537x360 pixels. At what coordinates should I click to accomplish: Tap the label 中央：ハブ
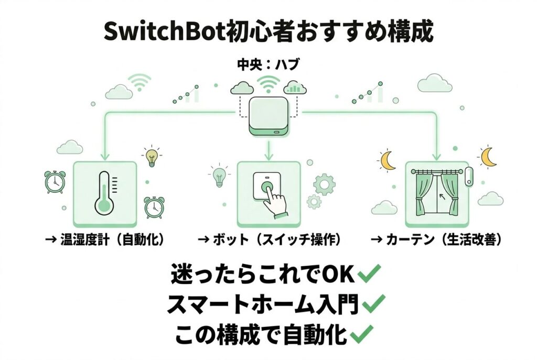coord(268,66)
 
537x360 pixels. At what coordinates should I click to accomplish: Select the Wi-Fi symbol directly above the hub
coord(268,83)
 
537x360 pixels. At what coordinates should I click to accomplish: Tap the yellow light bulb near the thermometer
coord(152,156)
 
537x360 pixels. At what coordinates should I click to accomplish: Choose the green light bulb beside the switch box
coord(219,177)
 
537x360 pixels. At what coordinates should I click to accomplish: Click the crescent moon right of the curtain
coord(488,156)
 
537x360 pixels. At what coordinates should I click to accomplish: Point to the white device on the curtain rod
coord(468,176)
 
